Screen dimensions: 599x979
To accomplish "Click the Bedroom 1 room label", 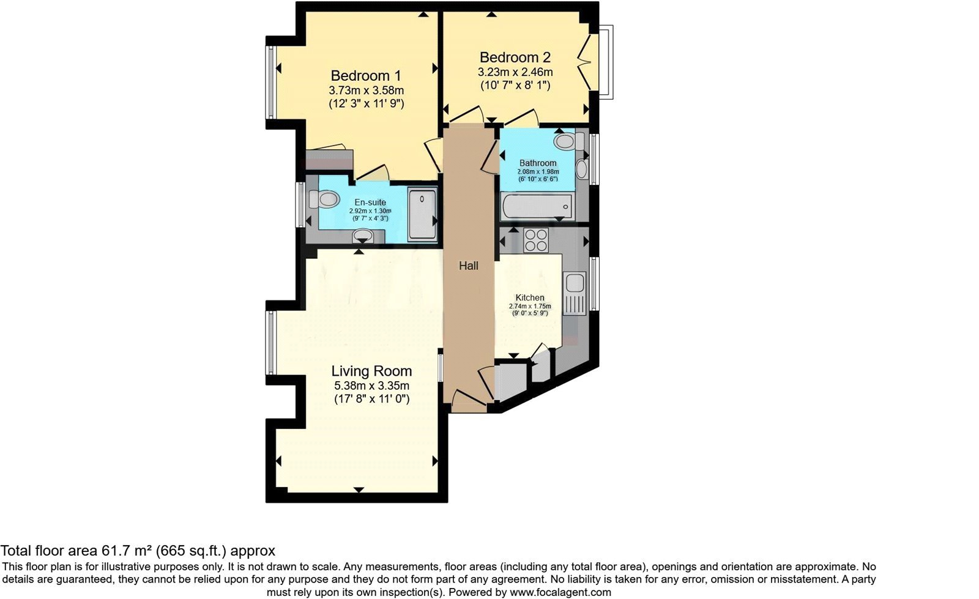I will (366, 76).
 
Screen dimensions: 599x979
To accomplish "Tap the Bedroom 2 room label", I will (515, 58).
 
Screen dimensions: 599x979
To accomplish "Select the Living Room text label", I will (371, 371).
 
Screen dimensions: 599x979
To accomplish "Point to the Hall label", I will (469, 266).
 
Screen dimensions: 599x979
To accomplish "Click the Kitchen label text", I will (529, 297).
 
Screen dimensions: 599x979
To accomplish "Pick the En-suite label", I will (370, 203).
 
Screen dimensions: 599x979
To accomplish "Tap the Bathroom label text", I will (538, 163).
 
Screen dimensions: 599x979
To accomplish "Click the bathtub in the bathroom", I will (537, 207).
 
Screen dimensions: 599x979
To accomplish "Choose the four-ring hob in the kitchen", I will (536, 239).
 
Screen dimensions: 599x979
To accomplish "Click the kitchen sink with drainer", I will (575, 294).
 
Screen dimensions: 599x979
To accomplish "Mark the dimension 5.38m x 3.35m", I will (371, 385).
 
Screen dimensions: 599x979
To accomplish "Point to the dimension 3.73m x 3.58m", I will (366, 91).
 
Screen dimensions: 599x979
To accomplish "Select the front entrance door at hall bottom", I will (468, 400).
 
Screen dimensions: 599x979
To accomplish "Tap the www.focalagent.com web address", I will (560, 592).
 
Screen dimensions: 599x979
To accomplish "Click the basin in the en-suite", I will (363, 235).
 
